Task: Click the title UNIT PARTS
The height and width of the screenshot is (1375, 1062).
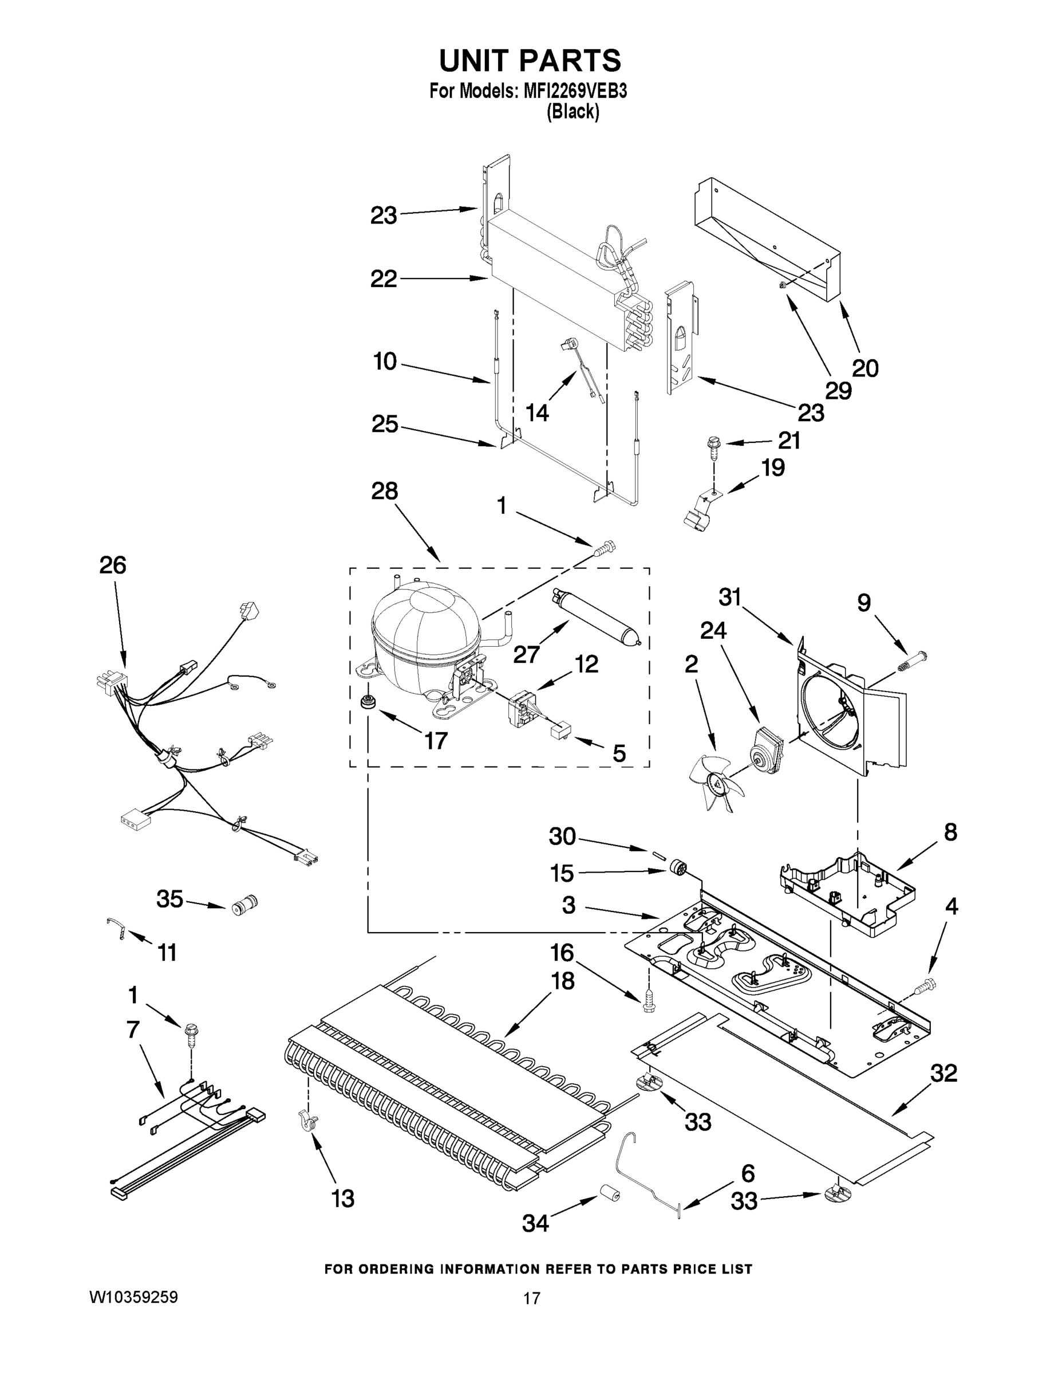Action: pyautogui.click(x=530, y=61)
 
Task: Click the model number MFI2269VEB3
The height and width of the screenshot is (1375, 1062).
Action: pyautogui.click(x=574, y=91)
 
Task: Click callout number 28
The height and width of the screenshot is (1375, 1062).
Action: pyautogui.click(x=384, y=491)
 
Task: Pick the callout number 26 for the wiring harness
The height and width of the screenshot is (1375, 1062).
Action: pyautogui.click(x=113, y=565)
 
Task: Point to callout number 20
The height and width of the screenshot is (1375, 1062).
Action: pyautogui.click(x=865, y=368)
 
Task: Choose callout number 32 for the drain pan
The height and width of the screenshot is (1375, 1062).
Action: pyautogui.click(x=943, y=1073)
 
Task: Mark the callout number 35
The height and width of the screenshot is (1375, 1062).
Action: pyautogui.click(x=170, y=899)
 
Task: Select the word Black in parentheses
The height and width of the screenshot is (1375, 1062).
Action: pyautogui.click(x=573, y=112)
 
